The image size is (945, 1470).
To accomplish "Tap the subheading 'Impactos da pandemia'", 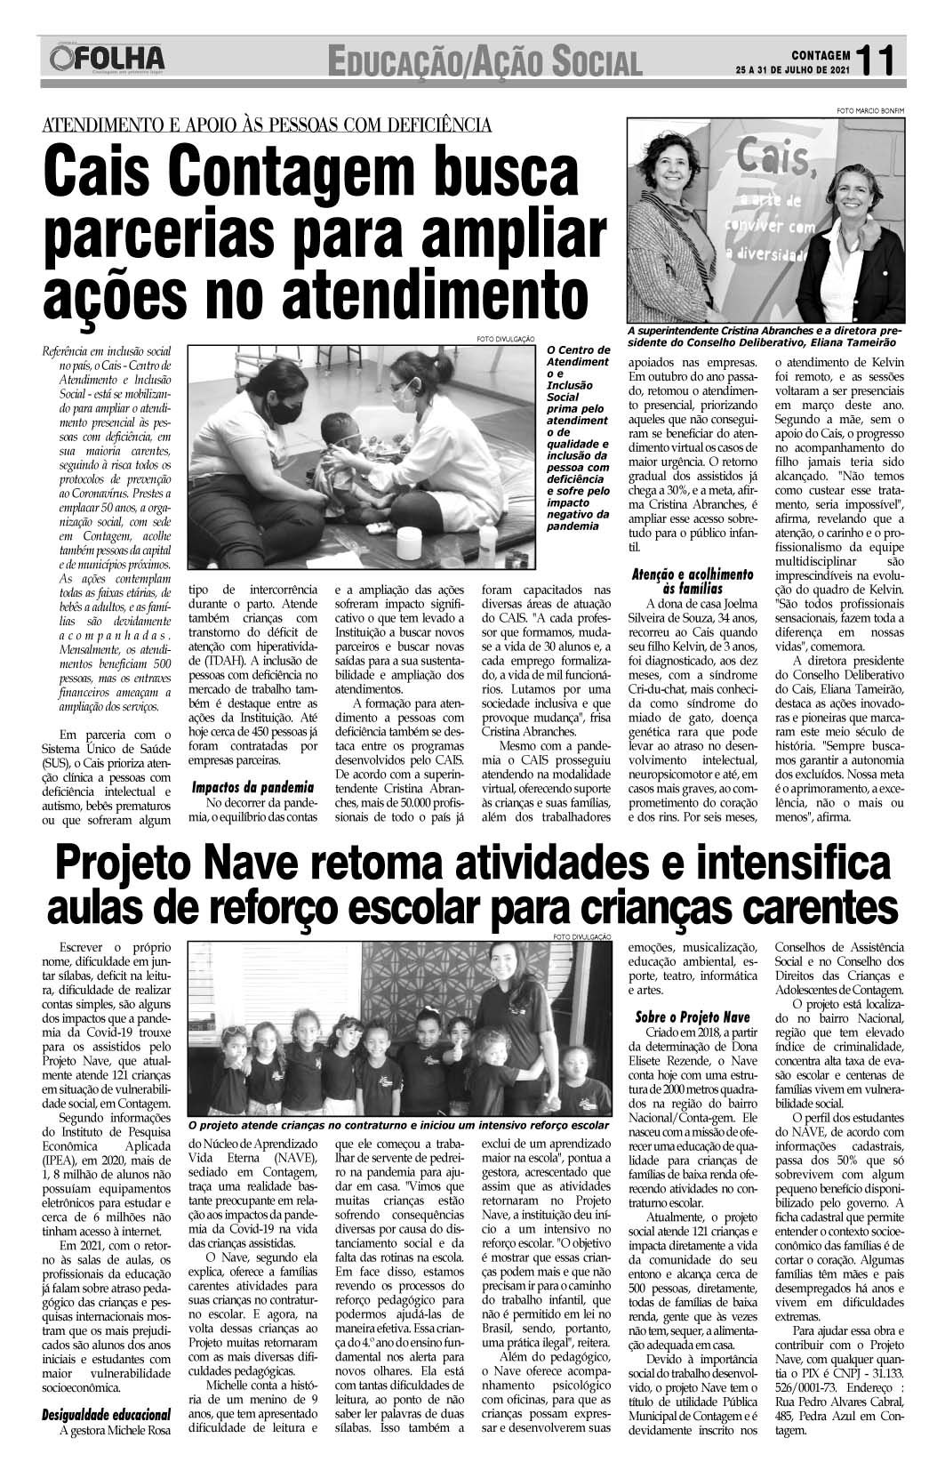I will coord(253,787).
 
